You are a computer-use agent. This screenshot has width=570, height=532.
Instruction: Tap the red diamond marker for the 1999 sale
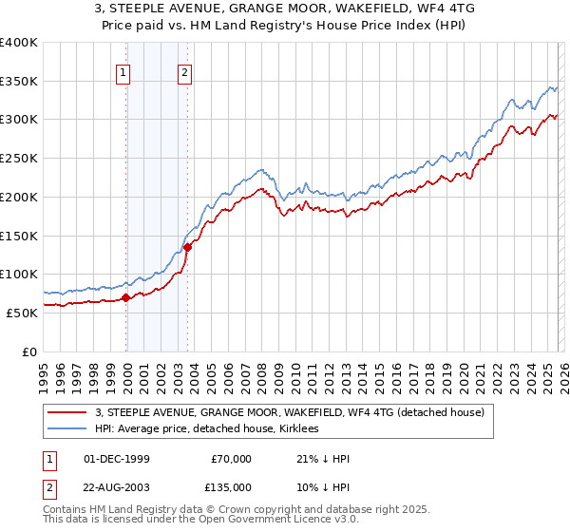click(126, 297)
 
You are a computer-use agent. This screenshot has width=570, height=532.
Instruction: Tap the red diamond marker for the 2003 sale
click(188, 247)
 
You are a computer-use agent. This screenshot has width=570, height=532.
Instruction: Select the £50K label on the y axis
click(21, 313)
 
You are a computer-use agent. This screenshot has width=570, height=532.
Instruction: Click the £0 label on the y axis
click(28, 351)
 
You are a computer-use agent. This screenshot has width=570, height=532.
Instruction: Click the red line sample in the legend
click(67, 412)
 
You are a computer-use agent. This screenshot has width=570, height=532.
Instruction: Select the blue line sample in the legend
click(67, 428)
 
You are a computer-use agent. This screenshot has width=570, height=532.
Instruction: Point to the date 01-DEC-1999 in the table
click(116, 459)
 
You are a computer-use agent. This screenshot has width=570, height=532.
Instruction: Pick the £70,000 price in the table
click(231, 459)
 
